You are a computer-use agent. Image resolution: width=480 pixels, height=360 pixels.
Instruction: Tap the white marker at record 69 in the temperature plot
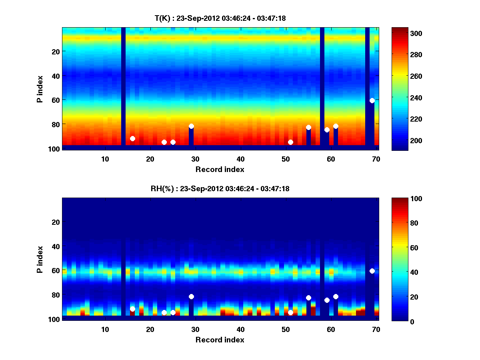(x=372, y=100)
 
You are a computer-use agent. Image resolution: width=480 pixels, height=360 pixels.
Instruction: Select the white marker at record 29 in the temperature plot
(x=191, y=126)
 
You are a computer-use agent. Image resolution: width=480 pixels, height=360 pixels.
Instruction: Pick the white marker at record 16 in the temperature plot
(x=132, y=138)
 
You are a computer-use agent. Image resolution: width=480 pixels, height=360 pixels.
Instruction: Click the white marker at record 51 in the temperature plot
(x=290, y=142)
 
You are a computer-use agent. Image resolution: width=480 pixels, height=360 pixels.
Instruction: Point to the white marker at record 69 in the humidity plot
(x=372, y=271)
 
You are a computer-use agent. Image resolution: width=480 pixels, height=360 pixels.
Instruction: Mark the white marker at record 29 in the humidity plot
(x=191, y=296)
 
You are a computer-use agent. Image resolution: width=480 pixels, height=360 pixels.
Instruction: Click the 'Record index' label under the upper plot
(x=220, y=169)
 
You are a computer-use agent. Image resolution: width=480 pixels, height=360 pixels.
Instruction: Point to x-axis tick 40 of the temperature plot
(x=240, y=159)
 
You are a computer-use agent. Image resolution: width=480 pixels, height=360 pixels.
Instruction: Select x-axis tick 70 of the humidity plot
(x=376, y=329)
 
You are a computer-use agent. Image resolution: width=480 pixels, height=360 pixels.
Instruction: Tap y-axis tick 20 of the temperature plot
(x=55, y=51)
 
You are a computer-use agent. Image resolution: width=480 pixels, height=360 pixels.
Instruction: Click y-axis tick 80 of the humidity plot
(x=55, y=295)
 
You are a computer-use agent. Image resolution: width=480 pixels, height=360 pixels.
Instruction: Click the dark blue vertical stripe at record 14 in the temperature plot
(x=123, y=80)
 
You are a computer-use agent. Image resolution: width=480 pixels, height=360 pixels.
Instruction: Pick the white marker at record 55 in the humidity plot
(x=308, y=298)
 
